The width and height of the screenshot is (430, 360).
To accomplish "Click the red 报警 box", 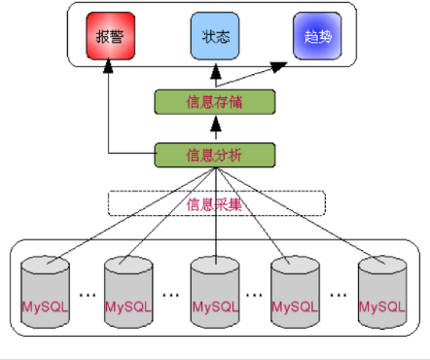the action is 110,36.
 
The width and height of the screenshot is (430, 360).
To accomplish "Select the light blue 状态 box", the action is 215,36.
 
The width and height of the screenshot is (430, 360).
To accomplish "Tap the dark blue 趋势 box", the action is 317,36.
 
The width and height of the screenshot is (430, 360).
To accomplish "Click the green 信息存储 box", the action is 215,102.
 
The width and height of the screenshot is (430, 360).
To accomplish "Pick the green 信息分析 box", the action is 215,155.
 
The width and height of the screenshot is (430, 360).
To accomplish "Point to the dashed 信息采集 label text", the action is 214,204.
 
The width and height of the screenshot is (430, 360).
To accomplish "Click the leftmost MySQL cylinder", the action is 45,292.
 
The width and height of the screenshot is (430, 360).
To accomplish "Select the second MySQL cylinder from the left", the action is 128,292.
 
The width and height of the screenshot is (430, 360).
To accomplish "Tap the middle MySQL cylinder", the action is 215,292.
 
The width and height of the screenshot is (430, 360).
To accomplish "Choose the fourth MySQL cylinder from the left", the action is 295,292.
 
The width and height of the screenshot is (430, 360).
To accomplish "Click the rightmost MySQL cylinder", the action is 382,292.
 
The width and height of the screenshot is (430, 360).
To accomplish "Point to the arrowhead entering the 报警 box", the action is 108,65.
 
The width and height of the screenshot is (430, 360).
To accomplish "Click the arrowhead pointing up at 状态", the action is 216,71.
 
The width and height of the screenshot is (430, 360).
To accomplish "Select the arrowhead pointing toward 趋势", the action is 278,67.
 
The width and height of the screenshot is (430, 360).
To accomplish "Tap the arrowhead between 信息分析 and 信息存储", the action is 216,124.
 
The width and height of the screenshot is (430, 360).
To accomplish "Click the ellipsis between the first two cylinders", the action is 88,295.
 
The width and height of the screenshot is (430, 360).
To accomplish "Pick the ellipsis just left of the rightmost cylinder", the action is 339,295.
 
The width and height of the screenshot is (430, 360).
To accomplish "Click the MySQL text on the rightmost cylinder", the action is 382,306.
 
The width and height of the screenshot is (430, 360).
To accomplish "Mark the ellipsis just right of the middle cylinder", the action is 254,295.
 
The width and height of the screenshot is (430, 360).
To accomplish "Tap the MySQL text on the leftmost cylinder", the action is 45,306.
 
